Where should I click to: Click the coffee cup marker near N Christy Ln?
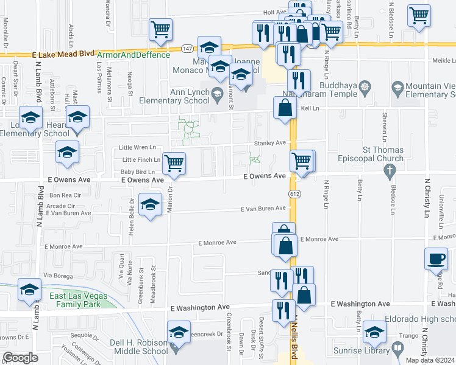point(436,259)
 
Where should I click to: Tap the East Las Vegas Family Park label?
point(78,301)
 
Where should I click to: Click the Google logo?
point(20,358)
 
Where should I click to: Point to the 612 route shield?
point(295,194)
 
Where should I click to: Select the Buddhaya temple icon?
point(365,86)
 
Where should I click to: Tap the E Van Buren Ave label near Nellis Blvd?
point(263,209)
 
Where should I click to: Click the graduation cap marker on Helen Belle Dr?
point(149,205)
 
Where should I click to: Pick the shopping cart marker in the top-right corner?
point(419,16)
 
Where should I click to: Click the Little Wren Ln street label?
point(137,147)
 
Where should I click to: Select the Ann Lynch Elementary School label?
point(173,97)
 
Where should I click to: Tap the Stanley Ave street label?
point(270,143)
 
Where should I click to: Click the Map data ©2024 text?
point(430,360)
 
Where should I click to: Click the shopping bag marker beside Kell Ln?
point(285,109)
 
